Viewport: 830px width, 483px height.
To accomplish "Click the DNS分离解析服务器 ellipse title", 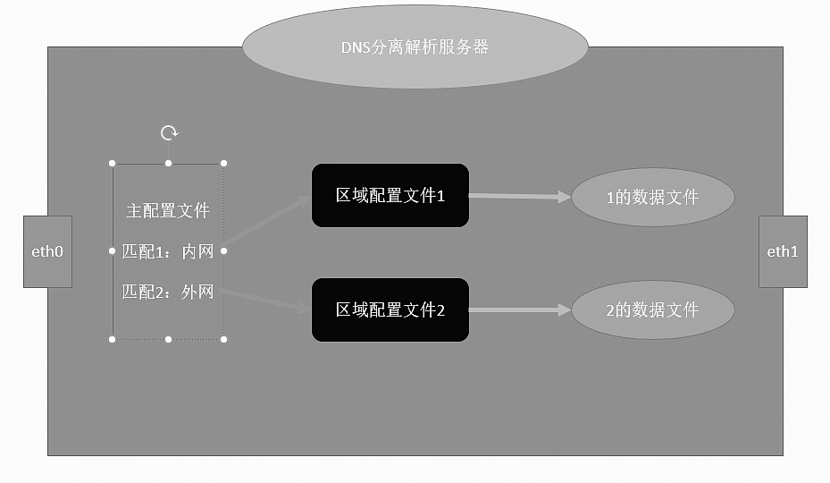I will coord(415,47).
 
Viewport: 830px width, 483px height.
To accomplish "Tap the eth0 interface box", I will coord(47,251).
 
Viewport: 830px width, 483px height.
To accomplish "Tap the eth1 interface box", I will coord(783,251).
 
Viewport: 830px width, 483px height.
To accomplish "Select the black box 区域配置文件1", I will coord(390,195).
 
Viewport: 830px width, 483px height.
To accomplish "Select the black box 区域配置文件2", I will coord(390,310).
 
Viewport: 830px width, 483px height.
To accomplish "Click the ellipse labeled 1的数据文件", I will coord(652,198).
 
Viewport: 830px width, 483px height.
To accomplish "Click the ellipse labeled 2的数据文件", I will coord(652,310).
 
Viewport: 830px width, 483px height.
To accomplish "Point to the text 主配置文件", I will coord(168,211).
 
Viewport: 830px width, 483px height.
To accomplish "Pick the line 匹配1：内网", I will coord(168,252).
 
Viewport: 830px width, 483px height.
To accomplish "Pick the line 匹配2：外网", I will coord(168,292).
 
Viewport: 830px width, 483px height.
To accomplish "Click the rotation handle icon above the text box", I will coord(169,133).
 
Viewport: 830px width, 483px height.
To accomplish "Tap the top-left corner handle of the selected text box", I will coord(113,163).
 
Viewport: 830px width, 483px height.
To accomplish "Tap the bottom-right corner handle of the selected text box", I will coord(224,339).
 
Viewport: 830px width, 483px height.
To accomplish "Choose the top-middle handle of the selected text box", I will coord(169,163).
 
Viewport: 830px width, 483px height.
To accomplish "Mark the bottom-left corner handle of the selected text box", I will coord(113,339).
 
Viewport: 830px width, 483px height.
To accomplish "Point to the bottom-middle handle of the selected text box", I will coord(169,339).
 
